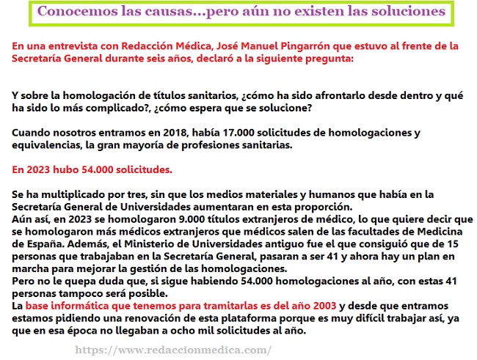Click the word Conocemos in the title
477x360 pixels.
tap(73, 12)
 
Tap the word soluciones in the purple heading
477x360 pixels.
tap(407, 12)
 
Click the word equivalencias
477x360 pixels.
tap(44, 145)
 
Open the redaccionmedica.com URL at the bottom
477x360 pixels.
tap(173, 350)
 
